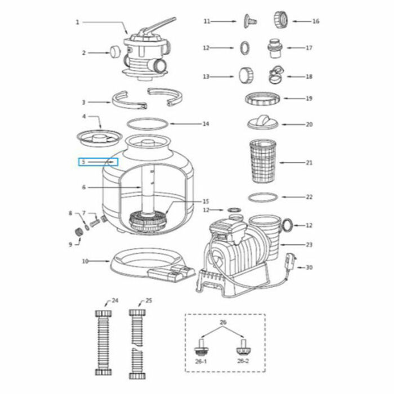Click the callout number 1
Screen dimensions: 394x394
tap(77, 23)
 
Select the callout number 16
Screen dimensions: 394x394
tap(316, 21)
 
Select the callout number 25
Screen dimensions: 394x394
tap(149, 301)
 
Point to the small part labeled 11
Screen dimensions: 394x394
tap(248, 21)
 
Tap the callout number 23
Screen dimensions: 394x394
tap(308, 245)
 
